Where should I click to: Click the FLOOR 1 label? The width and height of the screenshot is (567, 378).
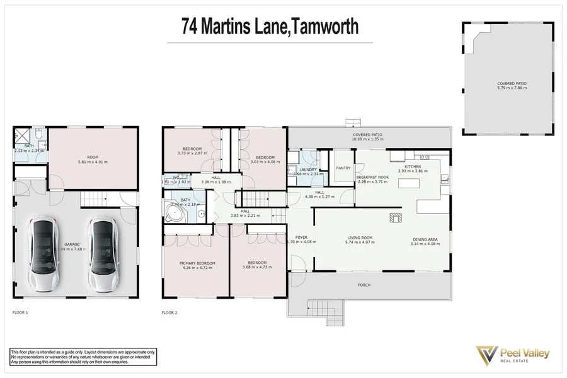(x=21, y=312)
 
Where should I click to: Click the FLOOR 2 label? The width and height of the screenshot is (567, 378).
(x=169, y=312)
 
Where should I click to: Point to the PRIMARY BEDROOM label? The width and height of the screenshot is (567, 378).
(x=198, y=263)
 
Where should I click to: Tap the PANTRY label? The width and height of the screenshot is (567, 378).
(x=343, y=168)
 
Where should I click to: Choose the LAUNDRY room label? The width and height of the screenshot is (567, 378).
(x=308, y=169)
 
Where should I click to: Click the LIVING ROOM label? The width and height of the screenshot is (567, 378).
(x=360, y=238)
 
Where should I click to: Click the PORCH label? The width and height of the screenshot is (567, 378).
(x=365, y=285)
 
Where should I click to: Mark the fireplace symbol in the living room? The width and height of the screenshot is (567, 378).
(x=395, y=218)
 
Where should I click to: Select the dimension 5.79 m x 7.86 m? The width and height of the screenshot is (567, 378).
(x=511, y=88)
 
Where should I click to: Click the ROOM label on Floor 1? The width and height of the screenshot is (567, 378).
(x=93, y=157)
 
